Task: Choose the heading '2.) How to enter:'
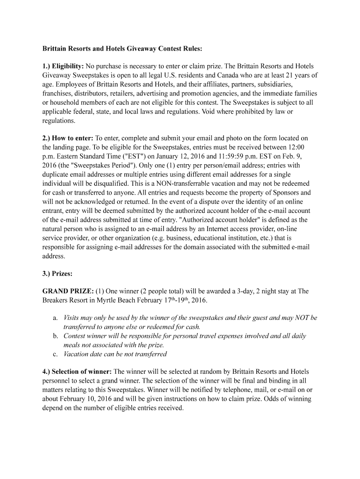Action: click(x=68, y=138)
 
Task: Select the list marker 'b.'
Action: click(x=56, y=336)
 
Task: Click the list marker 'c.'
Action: click(x=55, y=354)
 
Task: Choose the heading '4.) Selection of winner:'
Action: click(x=77, y=372)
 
